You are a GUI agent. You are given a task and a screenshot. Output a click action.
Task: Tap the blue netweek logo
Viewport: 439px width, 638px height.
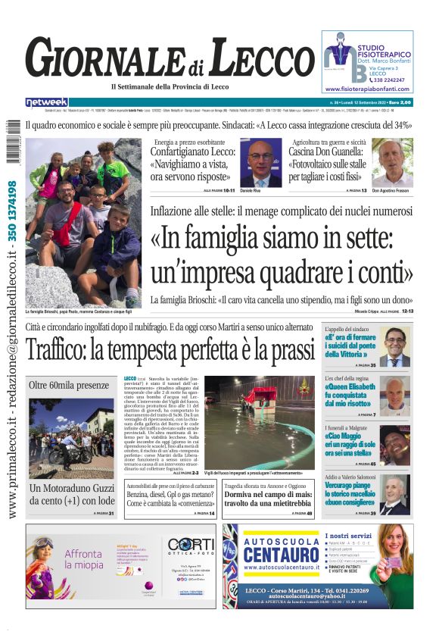46,102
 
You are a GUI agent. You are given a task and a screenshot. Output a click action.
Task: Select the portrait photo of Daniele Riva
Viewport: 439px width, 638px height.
260,162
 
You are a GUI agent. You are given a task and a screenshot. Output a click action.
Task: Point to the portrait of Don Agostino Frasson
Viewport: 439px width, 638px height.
391,162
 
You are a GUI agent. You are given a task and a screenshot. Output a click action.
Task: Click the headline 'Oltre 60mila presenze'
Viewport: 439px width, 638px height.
69,385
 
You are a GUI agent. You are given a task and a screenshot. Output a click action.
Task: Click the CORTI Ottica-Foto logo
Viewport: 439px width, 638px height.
190,545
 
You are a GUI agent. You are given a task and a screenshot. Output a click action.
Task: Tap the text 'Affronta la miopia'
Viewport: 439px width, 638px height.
83,559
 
